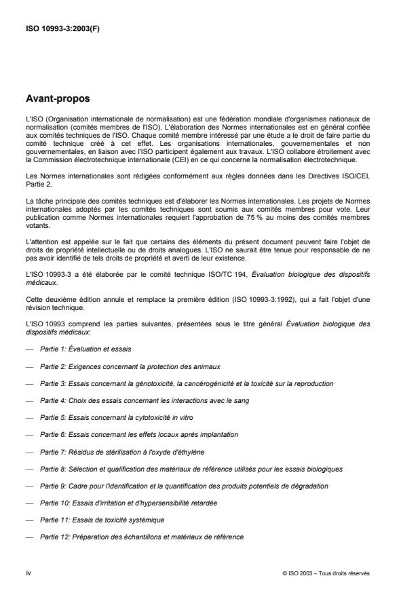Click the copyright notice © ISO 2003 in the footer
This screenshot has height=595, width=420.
point(326,572)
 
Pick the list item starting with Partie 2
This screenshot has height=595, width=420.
point(130,366)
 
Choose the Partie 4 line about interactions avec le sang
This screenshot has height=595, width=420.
point(144,400)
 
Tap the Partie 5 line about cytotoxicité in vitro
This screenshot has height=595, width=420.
point(113,417)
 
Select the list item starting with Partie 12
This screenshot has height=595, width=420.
point(142,537)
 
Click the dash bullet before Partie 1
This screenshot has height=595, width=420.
point(29,349)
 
